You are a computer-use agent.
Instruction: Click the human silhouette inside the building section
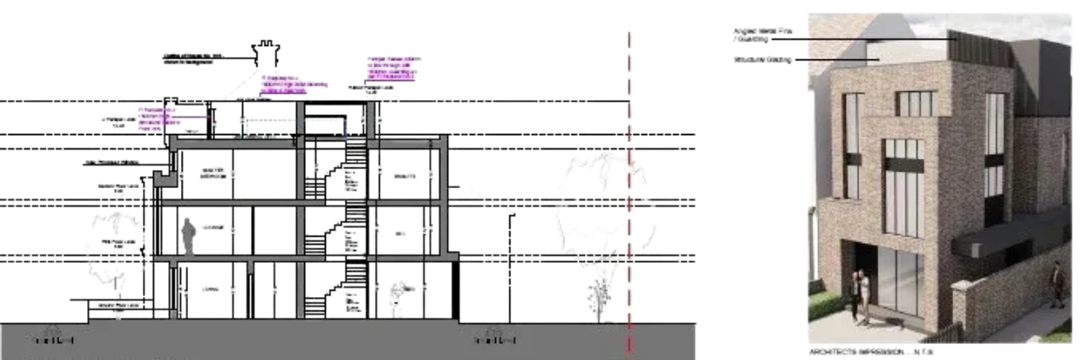coord(189,236)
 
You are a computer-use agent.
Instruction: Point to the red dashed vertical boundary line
coord(628,180)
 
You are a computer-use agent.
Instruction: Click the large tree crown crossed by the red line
coord(589,193)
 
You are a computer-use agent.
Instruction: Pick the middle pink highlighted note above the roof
coord(292,85)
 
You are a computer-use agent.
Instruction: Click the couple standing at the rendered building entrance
coord(861,295)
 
